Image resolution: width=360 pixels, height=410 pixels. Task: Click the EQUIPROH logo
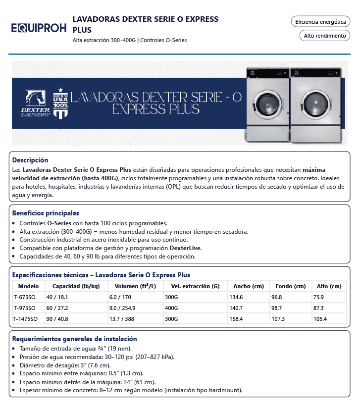pyautogui.click(x=38, y=28)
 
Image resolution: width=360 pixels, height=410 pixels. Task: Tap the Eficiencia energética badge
pyautogui.click(x=320, y=22)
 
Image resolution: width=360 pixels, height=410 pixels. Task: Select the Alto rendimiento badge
pyautogui.click(x=324, y=36)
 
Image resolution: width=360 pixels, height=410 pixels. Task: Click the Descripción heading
pyautogui.click(x=30, y=160)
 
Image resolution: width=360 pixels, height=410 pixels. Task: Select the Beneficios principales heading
pyautogui.click(x=46, y=213)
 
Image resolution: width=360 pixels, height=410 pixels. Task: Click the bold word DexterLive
pyautogui.click(x=186, y=248)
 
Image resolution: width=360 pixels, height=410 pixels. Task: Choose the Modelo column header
pyautogui.click(x=28, y=286)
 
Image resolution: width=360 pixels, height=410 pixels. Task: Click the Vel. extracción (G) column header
pyautogui.click(x=195, y=286)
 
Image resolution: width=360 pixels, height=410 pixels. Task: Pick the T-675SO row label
pyautogui.click(x=24, y=297)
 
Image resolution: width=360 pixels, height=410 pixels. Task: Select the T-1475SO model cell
pyautogui.click(x=26, y=319)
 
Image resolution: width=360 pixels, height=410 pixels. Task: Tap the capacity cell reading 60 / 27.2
pyautogui.click(x=57, y=308)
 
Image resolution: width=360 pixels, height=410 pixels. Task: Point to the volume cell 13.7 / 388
pyautogui.click(x=122, y=319)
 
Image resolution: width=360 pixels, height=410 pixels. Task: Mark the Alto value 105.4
pyautogui.click(x=320, y=319)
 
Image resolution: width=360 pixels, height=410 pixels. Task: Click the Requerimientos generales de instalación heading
pyautogui.click(x=74, y=339)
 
